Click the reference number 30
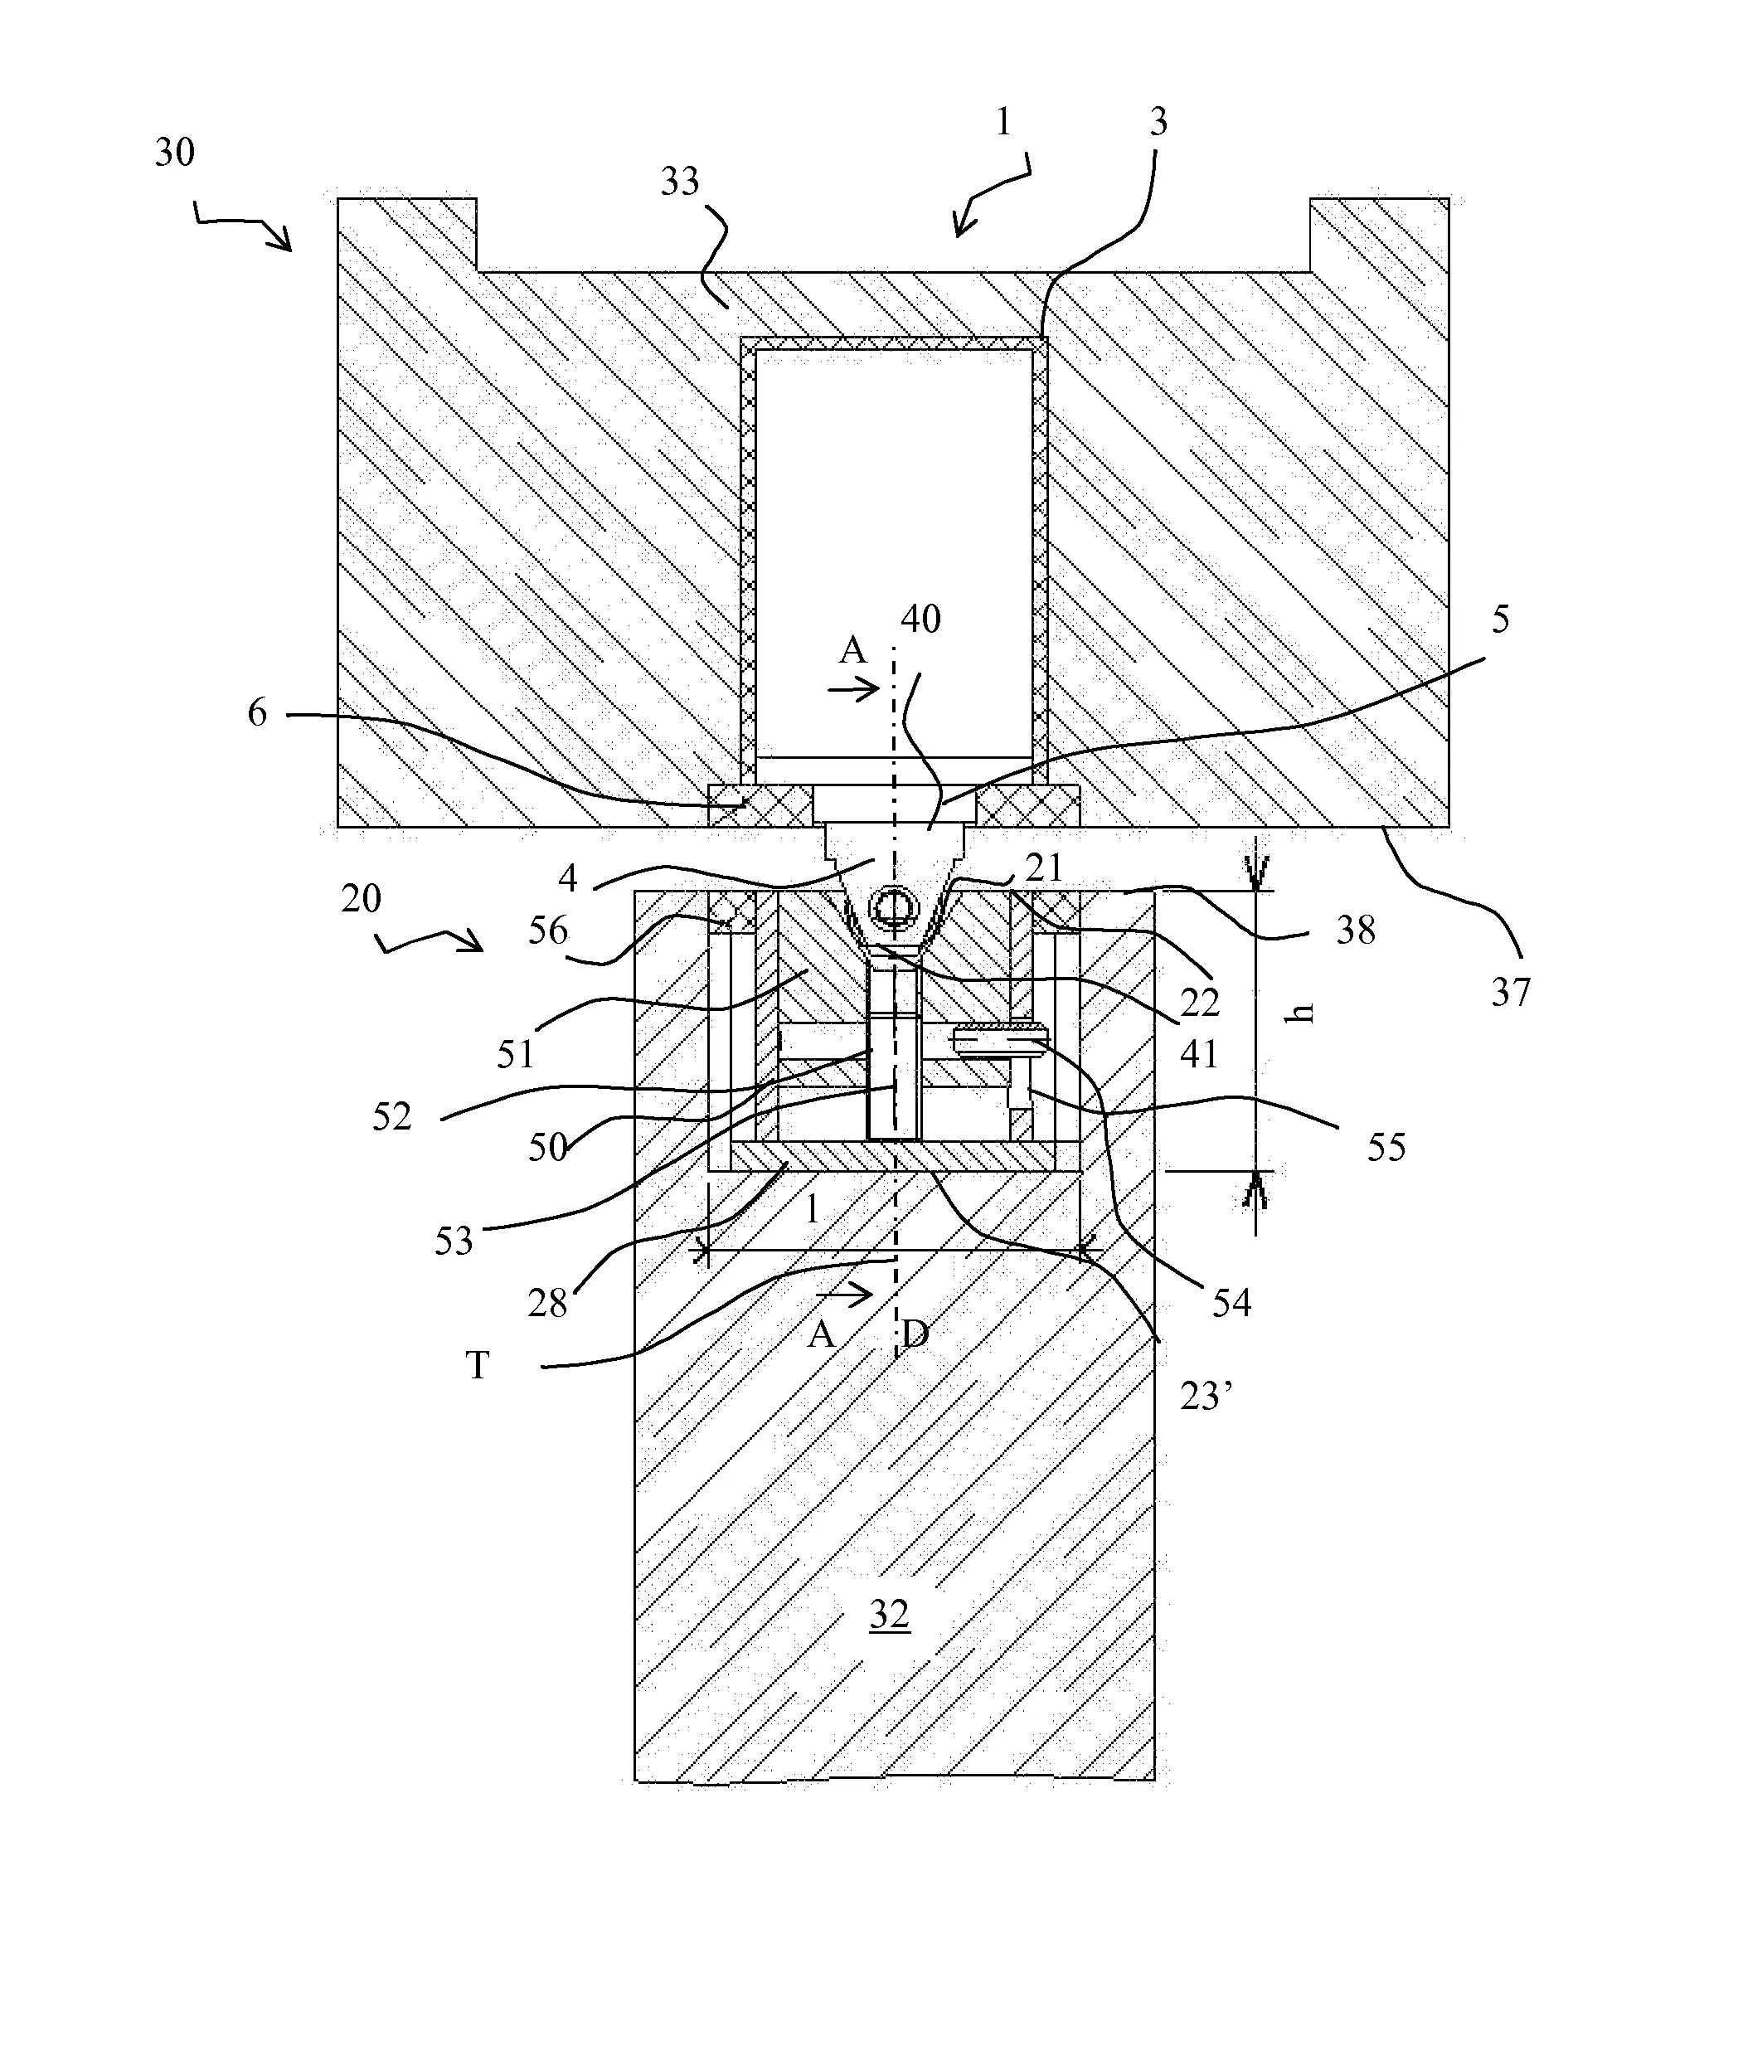click(x=174, y=153)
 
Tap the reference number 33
click(x=679, y=182)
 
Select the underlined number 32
click(x=888, y=1615)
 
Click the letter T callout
click(x=477, y=1366)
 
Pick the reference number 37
click(x=1510, y=992)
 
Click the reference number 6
click(x=257, y=712)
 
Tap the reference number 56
click(x=547, y=930)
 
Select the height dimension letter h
click(x=1303, y=1013)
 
